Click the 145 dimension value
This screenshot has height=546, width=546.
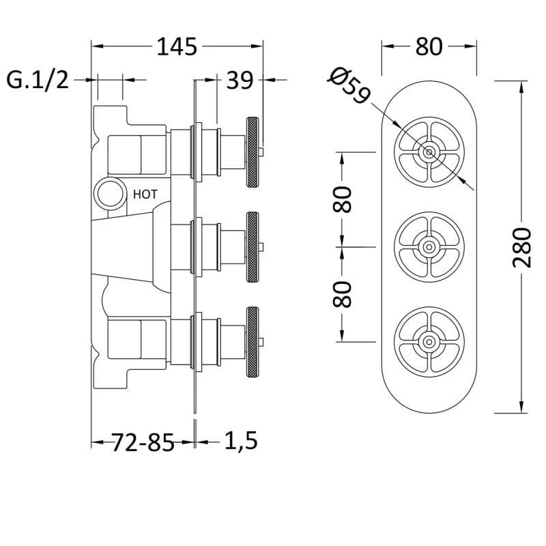[177, 46]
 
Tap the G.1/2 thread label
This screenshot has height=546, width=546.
[38, 80]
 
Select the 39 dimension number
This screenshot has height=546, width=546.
[240, 81]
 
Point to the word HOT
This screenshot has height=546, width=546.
[145, 195]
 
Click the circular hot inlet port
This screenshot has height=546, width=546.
[111, 194]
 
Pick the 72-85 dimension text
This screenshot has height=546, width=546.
[143, 442]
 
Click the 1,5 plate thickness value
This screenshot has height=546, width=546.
[241, 441]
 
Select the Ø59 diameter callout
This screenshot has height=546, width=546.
[349, 85]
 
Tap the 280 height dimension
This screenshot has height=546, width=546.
[522, 247]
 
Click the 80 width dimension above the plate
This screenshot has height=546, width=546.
[429, 46]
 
